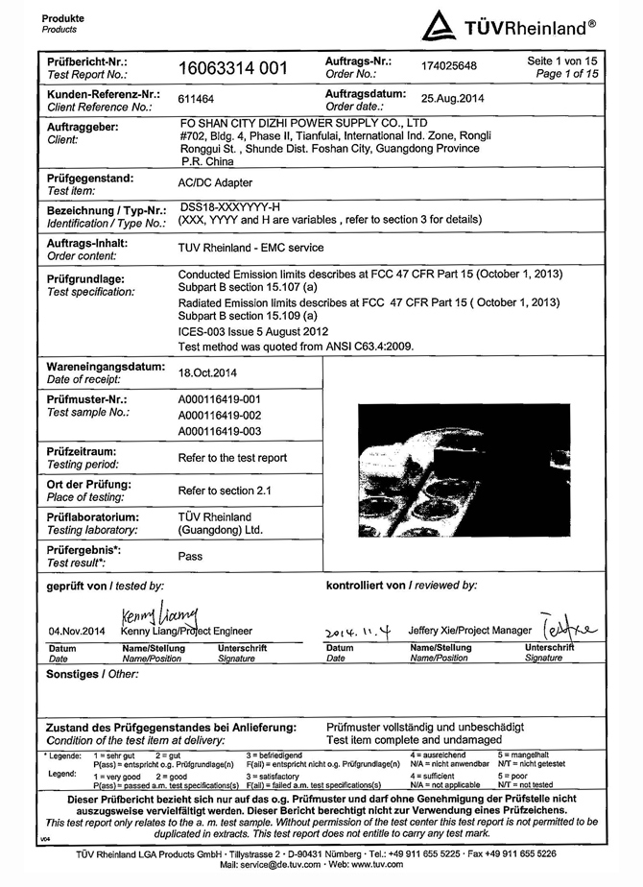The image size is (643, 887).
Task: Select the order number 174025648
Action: (x=448, y=65)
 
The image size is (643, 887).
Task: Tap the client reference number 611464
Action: (x=195, y=99)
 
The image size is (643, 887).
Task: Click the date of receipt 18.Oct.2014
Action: (x=206, y=370)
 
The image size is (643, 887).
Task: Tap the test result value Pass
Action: (x=190, y=556)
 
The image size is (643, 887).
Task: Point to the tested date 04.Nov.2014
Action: (x=72, y=631)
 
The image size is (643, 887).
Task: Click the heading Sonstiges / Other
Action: (x=85, y=674)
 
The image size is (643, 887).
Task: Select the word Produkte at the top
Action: (x=63, y=18)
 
